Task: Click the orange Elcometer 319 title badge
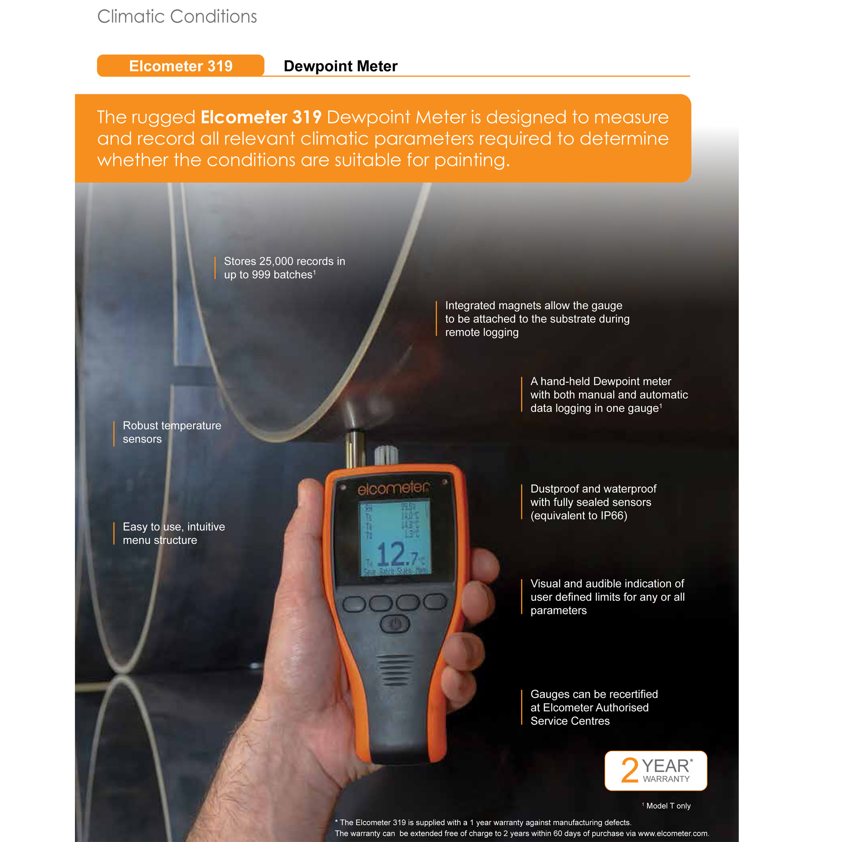coord(181,66)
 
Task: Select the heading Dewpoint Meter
coord(340,66)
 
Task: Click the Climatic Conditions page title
coord(177,16)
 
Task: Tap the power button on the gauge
coord(395,624)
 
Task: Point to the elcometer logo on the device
coord(393,488)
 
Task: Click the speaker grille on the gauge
coord(395,670)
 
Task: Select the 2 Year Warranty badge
coord(655,770)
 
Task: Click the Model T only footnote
coord(668,806)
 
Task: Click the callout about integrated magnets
coord(537,319)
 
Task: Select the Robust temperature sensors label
coord(172,432)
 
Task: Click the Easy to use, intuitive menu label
coord(173,533)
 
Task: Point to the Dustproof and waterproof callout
coord(593,502)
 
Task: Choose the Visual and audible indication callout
coord(607,597)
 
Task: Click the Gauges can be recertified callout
coord(594,707)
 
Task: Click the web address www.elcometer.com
coord(673,833)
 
